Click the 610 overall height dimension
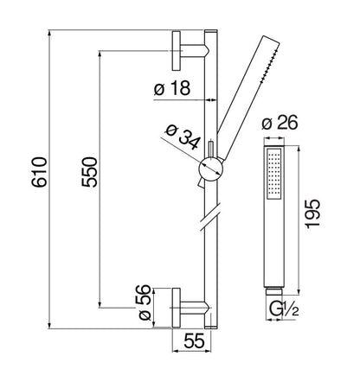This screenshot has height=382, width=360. coord(39,172)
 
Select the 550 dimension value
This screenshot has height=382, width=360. coord(89,172)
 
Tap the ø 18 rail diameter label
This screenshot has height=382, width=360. coord(172,88)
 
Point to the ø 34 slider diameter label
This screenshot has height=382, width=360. coord(183,137)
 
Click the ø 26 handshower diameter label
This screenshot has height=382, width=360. coord(280,124)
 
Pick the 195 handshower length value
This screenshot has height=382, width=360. coord(312,213)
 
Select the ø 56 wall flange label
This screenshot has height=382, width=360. coord(145,302)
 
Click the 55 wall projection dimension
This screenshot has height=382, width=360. coord(194,341)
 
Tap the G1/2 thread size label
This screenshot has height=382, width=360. coord(284,309)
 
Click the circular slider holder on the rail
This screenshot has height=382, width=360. coord(211,169)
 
